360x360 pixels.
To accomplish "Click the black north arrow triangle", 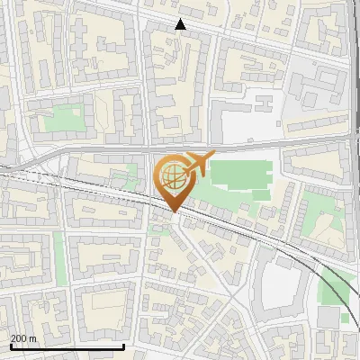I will coord(180,24).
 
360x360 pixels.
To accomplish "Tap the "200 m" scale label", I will coord(23,337).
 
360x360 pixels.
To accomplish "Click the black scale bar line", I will coord(67,346).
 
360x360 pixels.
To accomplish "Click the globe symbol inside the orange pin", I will coord(171,173).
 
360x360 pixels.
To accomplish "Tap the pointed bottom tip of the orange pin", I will coord(172,211).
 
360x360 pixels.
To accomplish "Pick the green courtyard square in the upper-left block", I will coord(62,119).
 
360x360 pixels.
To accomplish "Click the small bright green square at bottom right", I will coord(346,318).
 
